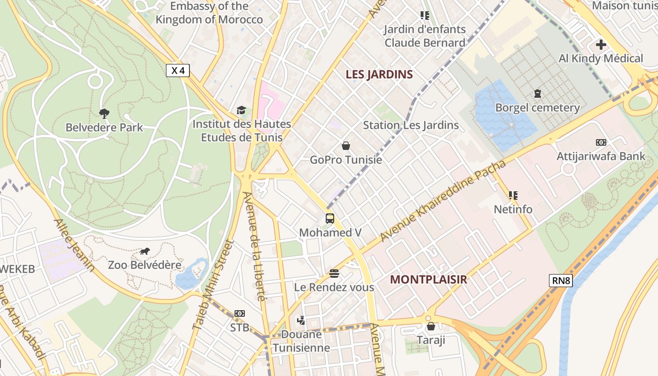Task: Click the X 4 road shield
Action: [178, 70]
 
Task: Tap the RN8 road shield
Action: [561, 281]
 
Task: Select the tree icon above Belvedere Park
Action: [104, 113]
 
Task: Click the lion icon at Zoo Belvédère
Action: [145, 251]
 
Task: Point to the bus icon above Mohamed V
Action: [330, 218]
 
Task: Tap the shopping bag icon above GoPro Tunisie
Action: [346, 146]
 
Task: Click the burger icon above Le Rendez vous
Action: [334, 273]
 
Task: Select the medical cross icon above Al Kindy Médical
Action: [601, 45]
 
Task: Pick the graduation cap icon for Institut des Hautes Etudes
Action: [241, 110]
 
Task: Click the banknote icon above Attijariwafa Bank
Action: [601, 142]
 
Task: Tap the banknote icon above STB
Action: [240, 313]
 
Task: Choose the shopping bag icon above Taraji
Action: [431, 326]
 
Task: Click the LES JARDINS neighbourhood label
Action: [379, 74]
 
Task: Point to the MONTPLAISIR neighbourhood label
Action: [429, 280]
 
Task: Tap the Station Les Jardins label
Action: [411, 125]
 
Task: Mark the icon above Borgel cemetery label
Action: [538, 94]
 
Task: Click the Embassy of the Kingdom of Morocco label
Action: [209, 13]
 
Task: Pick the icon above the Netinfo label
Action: [513, 195]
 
